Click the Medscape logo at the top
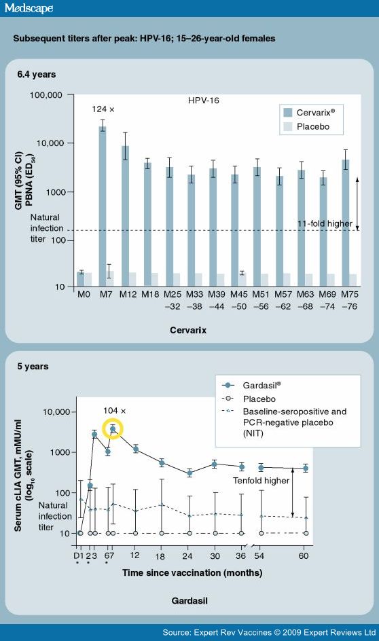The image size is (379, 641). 28,8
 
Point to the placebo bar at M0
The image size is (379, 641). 88,280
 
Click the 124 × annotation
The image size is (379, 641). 103,109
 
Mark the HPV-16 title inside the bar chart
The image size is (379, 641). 204,100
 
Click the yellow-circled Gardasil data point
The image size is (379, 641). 113,429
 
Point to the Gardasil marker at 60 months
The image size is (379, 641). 306,469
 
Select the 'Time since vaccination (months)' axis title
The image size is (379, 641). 192,572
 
